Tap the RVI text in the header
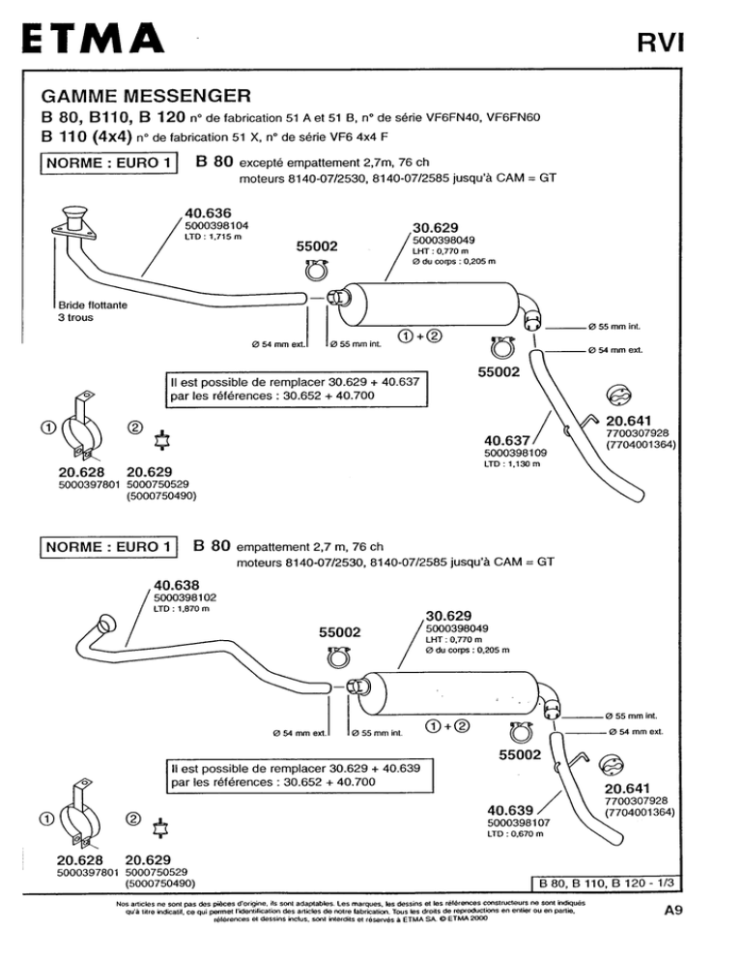point(660,43)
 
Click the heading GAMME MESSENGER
point(146,96)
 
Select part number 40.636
point(209,214)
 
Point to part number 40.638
point(177,585)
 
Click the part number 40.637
point(507,440)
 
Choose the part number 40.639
point(510,810)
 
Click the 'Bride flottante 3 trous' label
point(93,311)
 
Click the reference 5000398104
point(217,225)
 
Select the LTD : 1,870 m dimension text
point(182,608)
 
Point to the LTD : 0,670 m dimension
point(515,833)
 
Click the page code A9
point(673,910)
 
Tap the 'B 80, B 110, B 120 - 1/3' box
point(606,883)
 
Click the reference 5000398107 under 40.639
point(519,823)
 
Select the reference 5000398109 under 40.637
point(516,452)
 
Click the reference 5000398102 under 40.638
point(185,597)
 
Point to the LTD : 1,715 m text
point(214,237)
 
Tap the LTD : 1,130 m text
point(512,464)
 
